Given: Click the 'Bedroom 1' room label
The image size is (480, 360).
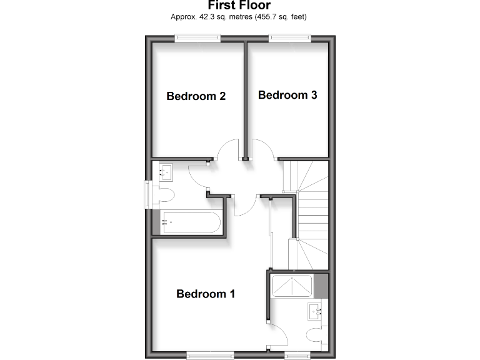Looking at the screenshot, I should (x=206, y=294).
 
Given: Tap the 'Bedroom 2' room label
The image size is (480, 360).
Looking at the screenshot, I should (x=196, y=96).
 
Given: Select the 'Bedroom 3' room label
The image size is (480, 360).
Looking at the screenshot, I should (x=287, y=95).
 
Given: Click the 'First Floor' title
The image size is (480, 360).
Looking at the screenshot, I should (x=239, y=6).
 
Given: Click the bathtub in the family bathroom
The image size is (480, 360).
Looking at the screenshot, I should (x=189, y=221).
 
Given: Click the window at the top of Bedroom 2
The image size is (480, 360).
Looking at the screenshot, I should (x=197, y=39).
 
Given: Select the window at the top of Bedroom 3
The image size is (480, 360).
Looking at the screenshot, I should (x=290, y=39).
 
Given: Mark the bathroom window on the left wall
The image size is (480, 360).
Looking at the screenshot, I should (x=148, y=194).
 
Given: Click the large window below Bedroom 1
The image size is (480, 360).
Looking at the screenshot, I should (x=210, y=355).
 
